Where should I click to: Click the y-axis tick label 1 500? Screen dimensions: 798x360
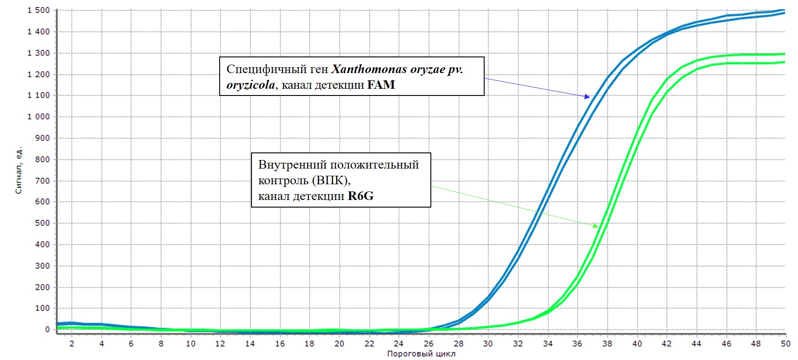pos(39,10)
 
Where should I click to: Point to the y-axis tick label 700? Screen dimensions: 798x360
pos(43,181)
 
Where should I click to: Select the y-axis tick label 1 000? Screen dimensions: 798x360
pos(39,117)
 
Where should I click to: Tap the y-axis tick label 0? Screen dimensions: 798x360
pos(48,330)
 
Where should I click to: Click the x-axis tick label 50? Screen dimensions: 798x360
pos(785,344)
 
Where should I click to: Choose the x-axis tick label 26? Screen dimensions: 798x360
pos(429,344)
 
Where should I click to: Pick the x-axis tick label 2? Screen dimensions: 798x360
pos(72,344)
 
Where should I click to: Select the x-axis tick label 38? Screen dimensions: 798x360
pos(607,344)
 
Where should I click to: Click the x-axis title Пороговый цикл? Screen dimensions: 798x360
pos(421,354)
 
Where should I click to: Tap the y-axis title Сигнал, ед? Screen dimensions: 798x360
pos(18,170)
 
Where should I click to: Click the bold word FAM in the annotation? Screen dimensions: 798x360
pos(381,85)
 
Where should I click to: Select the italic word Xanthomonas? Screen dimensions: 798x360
pos(369,69)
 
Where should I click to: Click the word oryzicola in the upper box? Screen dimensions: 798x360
pos(251,85)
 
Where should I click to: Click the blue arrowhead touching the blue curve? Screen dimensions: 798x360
pos(587,96)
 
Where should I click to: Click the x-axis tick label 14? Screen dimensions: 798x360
pos(250,344)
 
